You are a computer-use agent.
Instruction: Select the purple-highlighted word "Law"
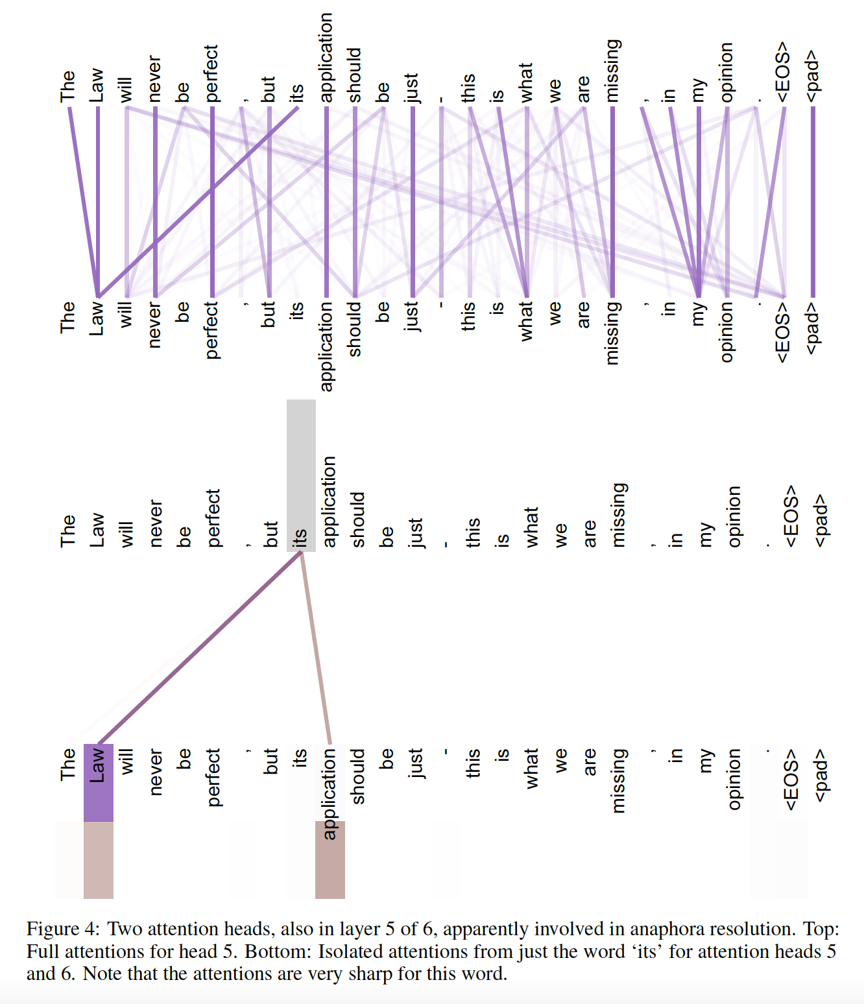click(x=98, y=765)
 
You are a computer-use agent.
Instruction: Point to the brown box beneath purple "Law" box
click(x=99, y=860)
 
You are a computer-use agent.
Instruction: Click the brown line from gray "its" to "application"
click(x=316, y=649)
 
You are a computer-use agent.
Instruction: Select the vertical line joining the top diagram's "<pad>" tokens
click(x=813, y=201)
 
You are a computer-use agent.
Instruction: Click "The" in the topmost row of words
click(x=68, y=86)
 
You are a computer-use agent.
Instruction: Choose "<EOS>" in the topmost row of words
click(x=784, y=71)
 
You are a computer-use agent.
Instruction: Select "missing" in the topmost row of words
click(x=612, y=70)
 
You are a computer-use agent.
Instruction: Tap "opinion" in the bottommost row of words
click(x=734, y=779)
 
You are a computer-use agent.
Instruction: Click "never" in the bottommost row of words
click(x=155, y=772)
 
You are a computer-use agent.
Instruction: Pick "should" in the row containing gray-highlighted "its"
click(x=357, y=520)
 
